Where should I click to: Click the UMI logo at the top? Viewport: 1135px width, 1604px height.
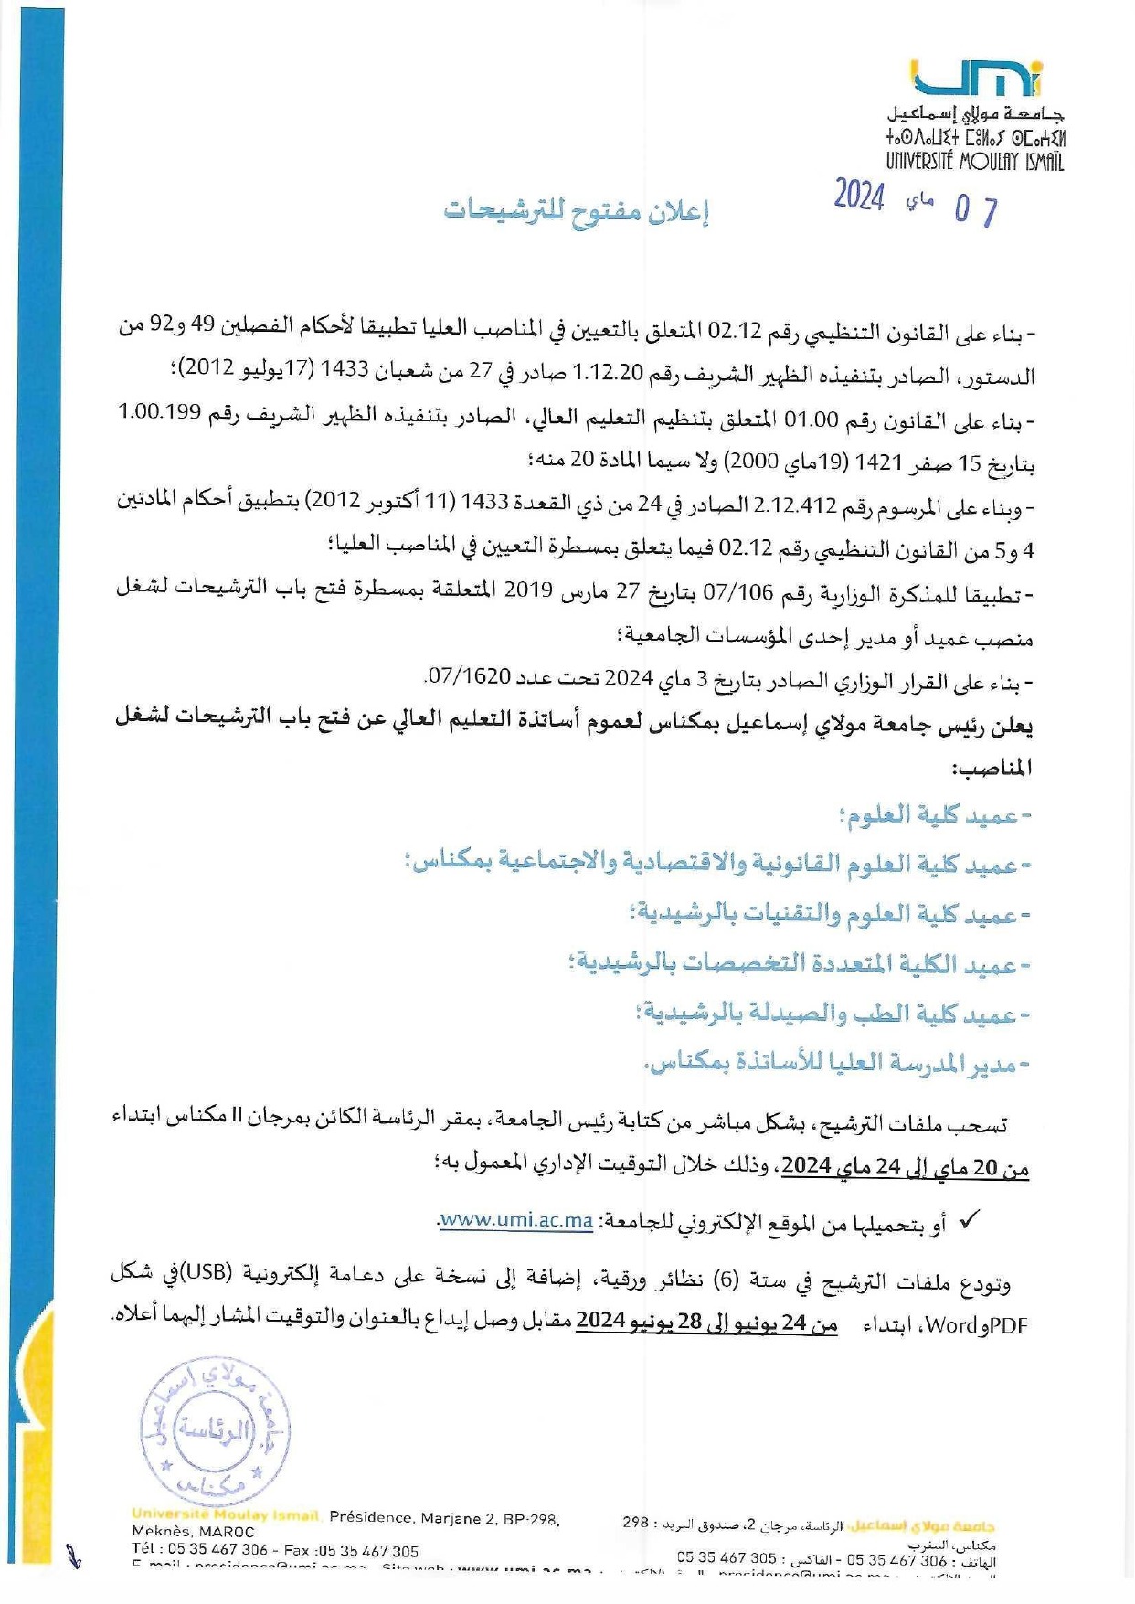click(x=977, y=80)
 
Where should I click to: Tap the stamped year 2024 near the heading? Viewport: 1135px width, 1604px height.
click(x=858, y=196)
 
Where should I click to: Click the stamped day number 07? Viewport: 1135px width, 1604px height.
click(x=975, y=211)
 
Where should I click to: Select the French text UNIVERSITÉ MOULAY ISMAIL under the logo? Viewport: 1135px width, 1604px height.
click(x=974, y=162)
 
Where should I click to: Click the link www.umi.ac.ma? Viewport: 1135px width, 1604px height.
click(x=516, y=1221)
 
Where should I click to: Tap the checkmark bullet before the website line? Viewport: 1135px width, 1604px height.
click(x=969, y=1221)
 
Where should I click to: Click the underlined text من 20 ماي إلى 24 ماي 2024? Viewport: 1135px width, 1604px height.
click(x=906, y=1166)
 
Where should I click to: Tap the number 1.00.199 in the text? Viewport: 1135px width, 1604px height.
click(x=159, y=412)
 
